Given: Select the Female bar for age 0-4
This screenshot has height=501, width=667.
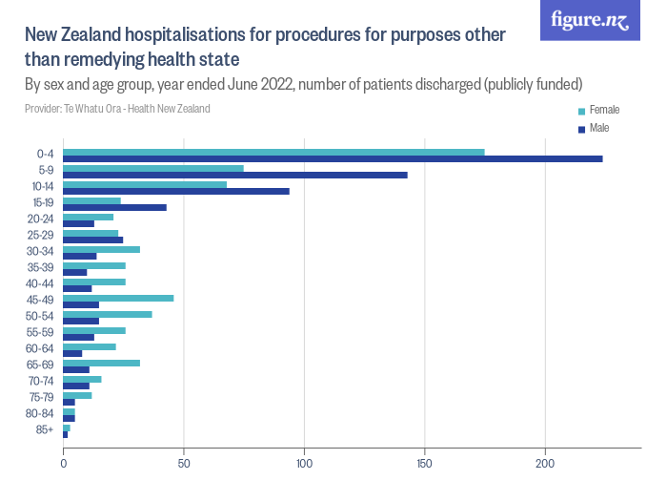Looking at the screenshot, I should click(x=273, y=152).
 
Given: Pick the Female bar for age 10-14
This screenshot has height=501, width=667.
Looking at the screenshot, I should click(x=145, y=184).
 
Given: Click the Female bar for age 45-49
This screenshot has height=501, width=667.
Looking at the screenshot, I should click(x=118, y=298).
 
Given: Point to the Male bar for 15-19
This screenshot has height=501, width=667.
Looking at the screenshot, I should click(x=114, y=207).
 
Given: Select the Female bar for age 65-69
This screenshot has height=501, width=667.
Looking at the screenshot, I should click(x=101, y=363).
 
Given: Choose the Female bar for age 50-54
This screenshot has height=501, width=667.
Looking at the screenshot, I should click(x=108, y=314).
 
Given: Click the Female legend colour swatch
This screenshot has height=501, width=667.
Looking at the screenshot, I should click(x=581, y=111).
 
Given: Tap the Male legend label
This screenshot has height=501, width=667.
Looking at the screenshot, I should click(x=599, y=128).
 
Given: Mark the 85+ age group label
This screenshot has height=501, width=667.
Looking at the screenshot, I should click(x=45, y=431).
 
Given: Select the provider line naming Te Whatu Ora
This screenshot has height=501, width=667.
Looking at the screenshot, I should click(x=117, y=109).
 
